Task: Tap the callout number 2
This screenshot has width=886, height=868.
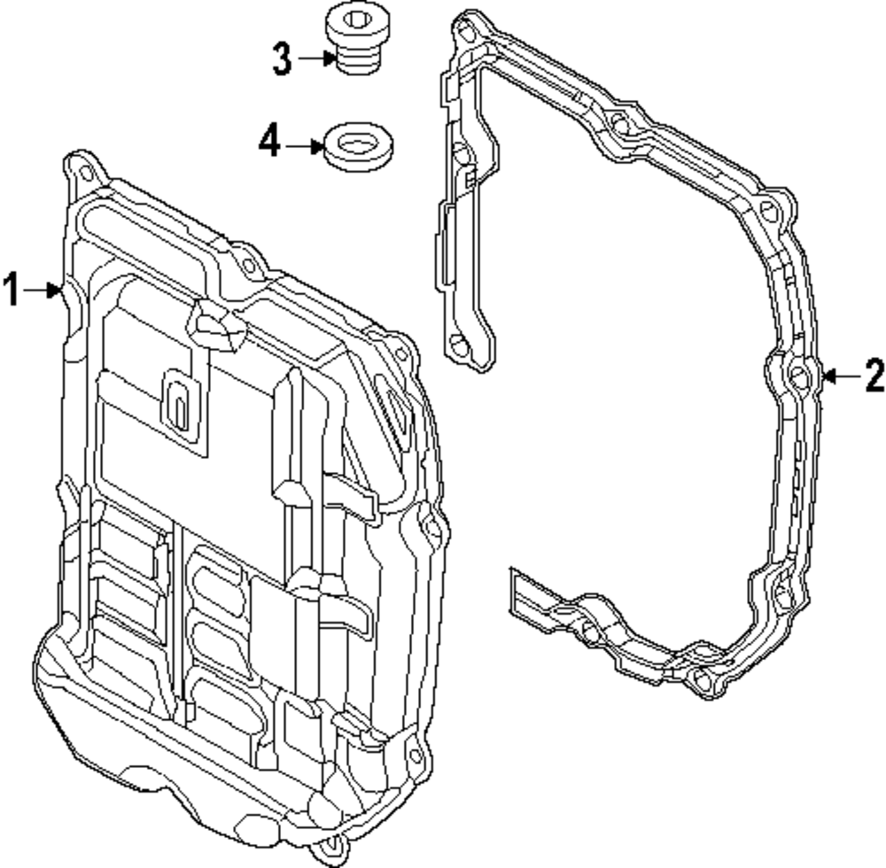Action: pyautogui.click(x=874, y=376)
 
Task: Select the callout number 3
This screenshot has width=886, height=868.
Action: pyautogui.click(x=282, y=59)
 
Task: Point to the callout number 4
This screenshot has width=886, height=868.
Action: pyautogui.click(x=270, y=141)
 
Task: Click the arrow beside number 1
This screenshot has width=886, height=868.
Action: pyautogui.click(x=43, y=290)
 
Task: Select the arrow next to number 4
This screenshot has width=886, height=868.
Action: pyautogui.click(x=306, y=143)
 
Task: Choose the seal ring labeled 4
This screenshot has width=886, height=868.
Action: pyautogui.click(x=359, y=145)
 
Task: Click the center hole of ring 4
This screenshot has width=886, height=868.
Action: pyautogui.click(x=359, y=141)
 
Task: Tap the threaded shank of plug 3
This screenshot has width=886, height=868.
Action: pyautogui.click(x=356, y=60)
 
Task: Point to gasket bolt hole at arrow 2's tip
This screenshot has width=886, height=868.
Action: pyautogui.click(x=799, y=377)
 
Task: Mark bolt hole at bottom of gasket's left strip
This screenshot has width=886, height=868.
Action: pyautogui.click(x=458, y=345)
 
